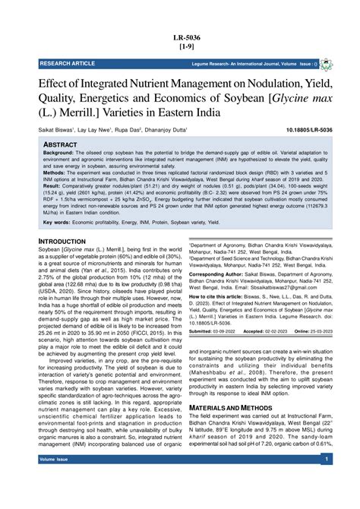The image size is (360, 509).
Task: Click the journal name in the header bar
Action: click(x=251, y=65)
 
